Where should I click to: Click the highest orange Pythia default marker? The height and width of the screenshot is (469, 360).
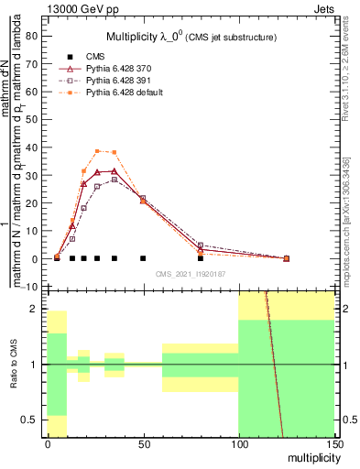(98, 151)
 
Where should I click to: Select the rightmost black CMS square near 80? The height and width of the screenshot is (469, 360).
(201, 258)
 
